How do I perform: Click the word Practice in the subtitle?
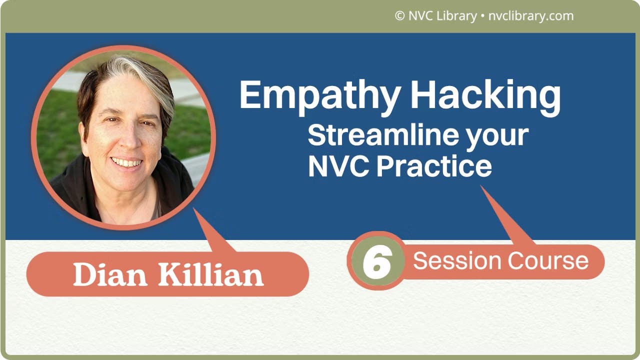point(434,166)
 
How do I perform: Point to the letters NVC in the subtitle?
point(338,166)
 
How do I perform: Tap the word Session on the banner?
point(456,261)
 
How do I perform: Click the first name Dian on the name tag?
point(110,274)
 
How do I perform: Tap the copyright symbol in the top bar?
point(399,16)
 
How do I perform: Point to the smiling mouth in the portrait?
point(126,162)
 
